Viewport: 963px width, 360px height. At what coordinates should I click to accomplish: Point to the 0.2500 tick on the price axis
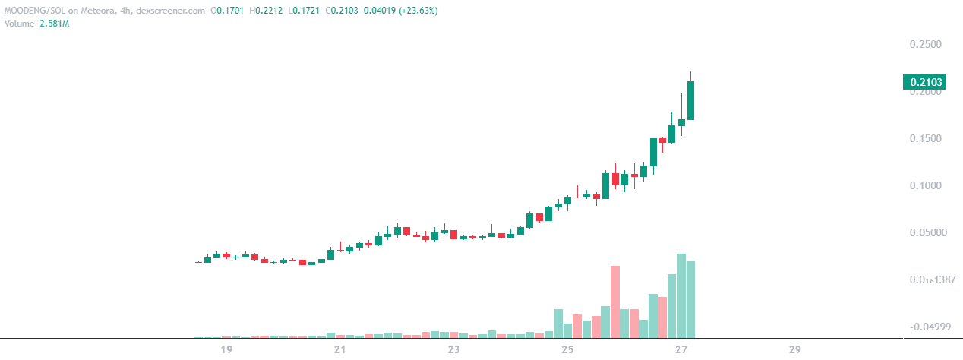926,45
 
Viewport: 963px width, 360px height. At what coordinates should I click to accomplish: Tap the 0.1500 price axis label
926,139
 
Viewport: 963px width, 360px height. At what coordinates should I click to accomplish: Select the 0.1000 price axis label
926,186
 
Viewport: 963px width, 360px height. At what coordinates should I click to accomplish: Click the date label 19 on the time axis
226,350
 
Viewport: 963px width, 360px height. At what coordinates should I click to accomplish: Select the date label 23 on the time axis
453,350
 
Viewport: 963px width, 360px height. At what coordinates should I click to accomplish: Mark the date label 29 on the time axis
795,350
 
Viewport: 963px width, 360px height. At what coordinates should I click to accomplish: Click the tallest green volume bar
681,295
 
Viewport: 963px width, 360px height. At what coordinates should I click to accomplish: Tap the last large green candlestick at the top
690,100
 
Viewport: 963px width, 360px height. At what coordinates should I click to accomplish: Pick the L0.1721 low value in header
302,11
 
